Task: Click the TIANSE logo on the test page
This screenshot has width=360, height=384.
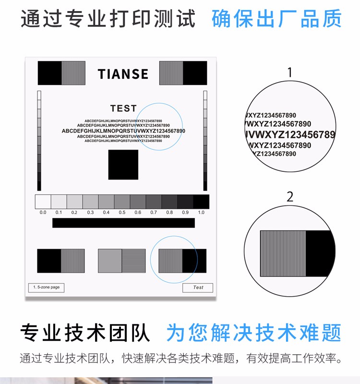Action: pos(123,74)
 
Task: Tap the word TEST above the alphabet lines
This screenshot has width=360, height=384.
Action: pos(123,108)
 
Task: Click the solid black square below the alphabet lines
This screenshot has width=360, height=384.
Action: pos(123,165)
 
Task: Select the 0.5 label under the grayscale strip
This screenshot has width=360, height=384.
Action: pos(122,212)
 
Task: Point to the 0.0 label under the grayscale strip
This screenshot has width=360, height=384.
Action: pos(43,212)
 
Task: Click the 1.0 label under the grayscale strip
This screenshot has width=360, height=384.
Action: pos(201,212)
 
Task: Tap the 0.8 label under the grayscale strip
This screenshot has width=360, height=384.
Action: pos(169,212)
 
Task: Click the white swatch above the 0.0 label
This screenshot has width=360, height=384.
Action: pos(43,202)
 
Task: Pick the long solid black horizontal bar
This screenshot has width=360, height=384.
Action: pos(123,223)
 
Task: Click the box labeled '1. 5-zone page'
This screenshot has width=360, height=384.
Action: pos(46,288)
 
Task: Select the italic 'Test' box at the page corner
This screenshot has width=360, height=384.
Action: pos(198,288)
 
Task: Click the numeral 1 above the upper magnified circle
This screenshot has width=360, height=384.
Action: pos(290,72)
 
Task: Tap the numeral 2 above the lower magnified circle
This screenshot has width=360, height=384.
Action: pos(290,197)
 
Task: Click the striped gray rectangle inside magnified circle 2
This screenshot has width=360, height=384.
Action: pos(283,253)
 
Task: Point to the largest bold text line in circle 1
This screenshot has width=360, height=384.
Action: pos(290,134)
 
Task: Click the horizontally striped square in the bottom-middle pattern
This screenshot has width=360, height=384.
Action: pos(134,261)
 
